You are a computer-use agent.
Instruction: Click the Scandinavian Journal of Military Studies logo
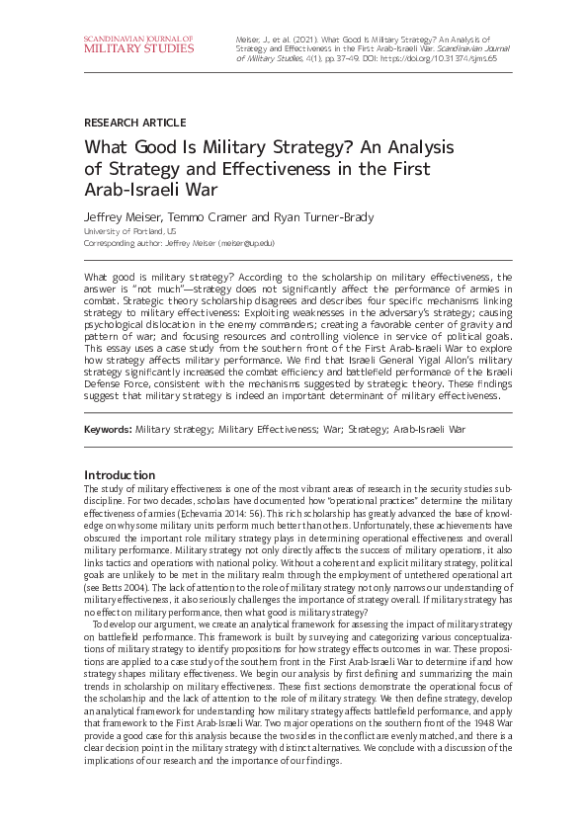138,44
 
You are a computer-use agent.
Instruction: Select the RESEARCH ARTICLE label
134,123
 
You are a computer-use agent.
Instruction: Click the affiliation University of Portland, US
130,231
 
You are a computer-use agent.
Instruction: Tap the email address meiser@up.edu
246,242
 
